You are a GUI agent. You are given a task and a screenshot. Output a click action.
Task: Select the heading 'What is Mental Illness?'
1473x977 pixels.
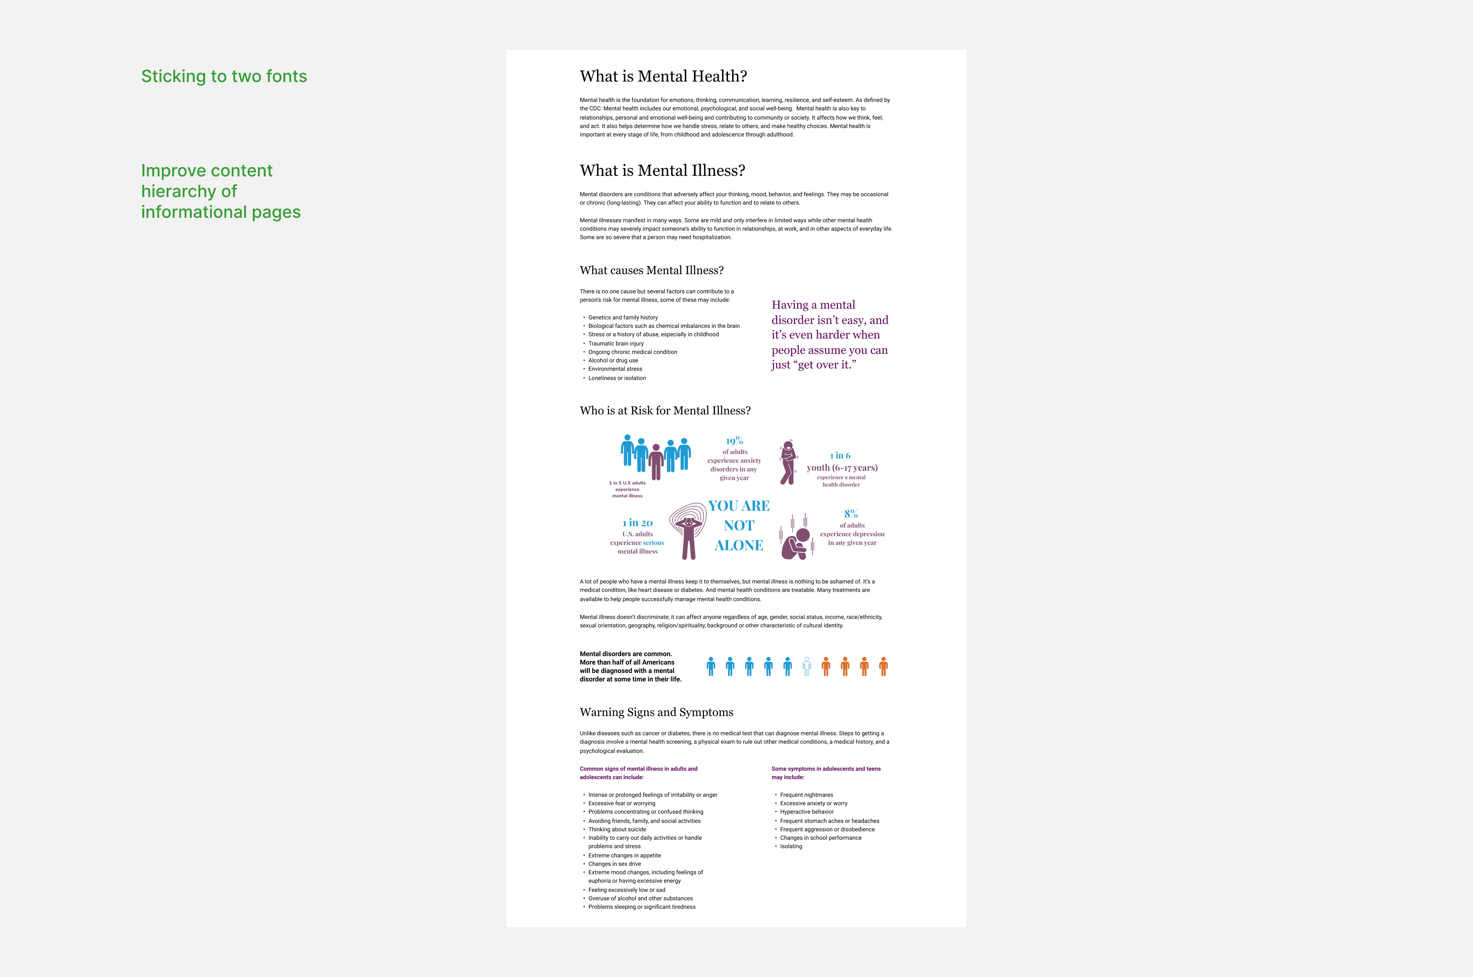(x=662, y=171)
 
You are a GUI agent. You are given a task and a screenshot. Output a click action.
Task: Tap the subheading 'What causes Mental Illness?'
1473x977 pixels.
(x=651, y=270)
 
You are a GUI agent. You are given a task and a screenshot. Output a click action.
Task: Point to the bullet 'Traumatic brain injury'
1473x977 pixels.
(x=616, y=343)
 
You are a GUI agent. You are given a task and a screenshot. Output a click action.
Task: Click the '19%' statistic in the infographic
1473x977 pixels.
(x=734, y=441)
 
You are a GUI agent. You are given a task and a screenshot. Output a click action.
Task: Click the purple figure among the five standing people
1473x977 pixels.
(x=656, y=461)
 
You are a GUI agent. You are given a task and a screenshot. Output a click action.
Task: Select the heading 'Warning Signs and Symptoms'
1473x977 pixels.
(x=656, y=712)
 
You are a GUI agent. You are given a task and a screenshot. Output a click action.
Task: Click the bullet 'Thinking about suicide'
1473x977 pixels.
(x=617, y=829)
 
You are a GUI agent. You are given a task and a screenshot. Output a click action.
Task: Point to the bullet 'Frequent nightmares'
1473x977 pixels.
(x=806, y=795)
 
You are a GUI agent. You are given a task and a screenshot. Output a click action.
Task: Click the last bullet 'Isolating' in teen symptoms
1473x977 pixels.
(x=791, y=846)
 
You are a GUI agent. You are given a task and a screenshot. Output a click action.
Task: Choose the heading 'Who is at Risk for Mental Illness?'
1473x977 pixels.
(x=665, y=411)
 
